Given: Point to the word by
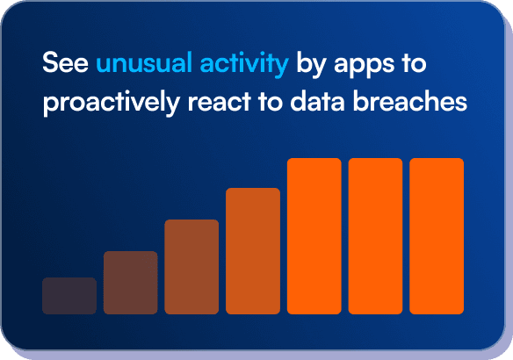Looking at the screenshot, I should [x=311, y=65].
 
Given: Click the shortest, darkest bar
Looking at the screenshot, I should [x=69, y=295].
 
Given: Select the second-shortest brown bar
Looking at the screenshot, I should [x=131, y=282].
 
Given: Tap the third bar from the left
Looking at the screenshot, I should [x=191, y=266].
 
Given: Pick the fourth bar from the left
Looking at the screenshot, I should [x=253, y=250].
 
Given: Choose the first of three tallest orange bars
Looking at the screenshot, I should [x=314, y=235].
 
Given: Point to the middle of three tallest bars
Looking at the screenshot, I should [x=375, y=235].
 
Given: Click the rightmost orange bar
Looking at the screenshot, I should [x=437, y=235].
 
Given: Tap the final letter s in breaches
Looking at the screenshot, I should [x=459, y=102].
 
